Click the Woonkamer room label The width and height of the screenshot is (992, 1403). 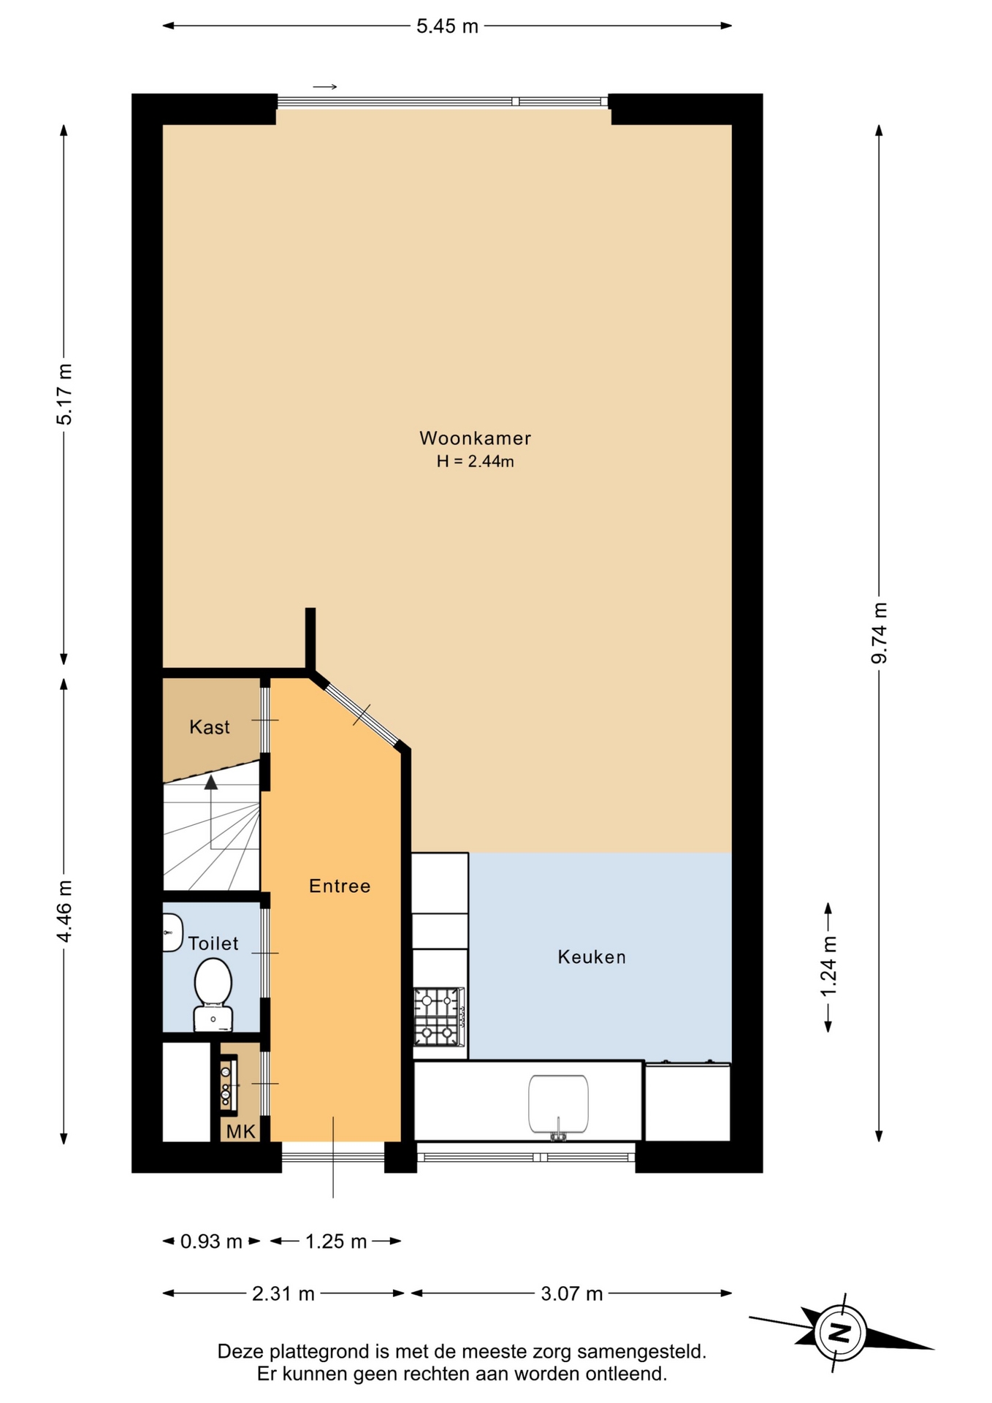(x=475, y=438)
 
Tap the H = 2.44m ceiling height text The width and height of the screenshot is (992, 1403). (x=475, y=461)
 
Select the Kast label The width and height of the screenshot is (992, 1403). (x=210, y=727)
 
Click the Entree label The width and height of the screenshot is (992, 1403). (x=340, y=886)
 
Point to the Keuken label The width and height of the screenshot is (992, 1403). (x=592, y=957)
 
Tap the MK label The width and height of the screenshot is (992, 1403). (x=241, y=1131)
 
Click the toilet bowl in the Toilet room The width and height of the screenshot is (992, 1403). (x=213, y=995)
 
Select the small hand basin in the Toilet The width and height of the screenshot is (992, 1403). (x=172, y=932)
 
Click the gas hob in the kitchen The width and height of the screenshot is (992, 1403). (x=439, y=1016)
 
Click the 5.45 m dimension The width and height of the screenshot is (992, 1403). (x=447, y=26)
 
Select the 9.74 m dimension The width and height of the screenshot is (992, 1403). (x=880, y=633)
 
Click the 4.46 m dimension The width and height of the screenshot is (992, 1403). (x=64, y=911)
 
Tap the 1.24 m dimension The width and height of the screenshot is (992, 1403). (x=828, y=966)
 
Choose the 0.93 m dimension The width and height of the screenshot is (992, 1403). (x=211, y=1241)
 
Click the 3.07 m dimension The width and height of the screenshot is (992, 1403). (x=572, y=1293)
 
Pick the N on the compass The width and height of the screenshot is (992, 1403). (x=841, y=1332)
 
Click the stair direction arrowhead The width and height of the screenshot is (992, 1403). (x=211, y=783)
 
